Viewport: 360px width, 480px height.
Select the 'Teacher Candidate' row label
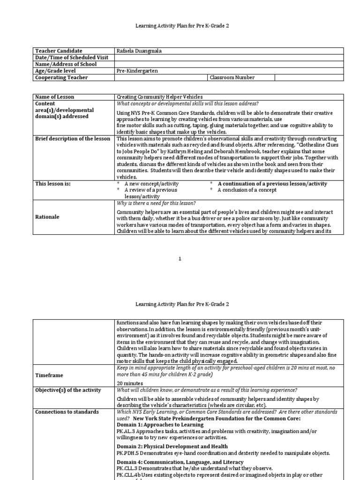[x=59, y=51]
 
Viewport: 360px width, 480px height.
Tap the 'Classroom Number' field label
[x=232, y=77]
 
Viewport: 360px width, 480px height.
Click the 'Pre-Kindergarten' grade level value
[x=137, y=71]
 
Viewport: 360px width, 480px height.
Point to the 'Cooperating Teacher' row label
[x=61, y=77]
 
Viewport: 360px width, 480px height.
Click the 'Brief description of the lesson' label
[x=73, y=139]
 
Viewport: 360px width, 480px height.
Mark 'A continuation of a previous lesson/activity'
[x=272, y=184]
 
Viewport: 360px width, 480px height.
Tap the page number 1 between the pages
[x=180, y=259]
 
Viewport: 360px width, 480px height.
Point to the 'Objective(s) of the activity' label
[x=67, y=390]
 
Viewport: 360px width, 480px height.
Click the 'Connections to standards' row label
[x=67, y=412]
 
